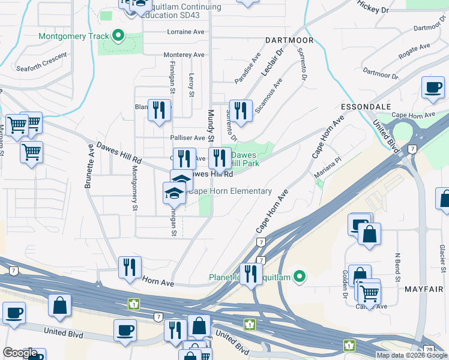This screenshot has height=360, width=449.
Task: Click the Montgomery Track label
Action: (73, 36)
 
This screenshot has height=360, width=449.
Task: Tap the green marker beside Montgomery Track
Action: (118, 36)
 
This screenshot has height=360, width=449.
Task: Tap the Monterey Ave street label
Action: (184, 55)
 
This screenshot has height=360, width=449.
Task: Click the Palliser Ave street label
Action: (188, 137)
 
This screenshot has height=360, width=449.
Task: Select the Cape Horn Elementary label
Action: (230, 191)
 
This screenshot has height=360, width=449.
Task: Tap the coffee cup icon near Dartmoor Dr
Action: (432, 88)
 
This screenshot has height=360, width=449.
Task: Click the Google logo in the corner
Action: (20, 353)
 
